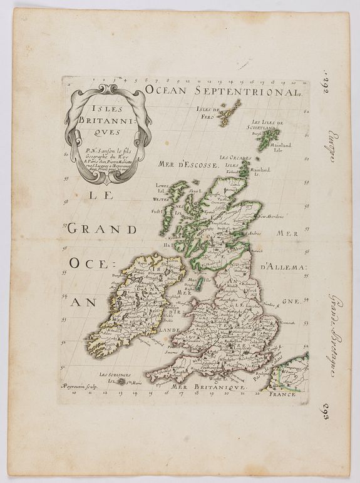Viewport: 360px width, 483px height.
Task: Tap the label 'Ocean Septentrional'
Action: pyautogui.click(x=222, y=92)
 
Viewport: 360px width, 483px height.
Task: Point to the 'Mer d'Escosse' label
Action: pyautogui.click(x=187, y=166)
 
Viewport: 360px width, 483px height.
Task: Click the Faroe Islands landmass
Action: pyautogui.click(x=230, y=113)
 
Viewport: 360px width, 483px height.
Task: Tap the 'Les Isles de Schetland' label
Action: pyautogui.click(x=265, y=125)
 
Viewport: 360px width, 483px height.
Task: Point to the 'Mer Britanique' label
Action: pyautogui.click(x=200, y=388)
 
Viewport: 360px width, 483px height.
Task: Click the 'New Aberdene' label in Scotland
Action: pyautogui.click(x=270, y=216)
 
